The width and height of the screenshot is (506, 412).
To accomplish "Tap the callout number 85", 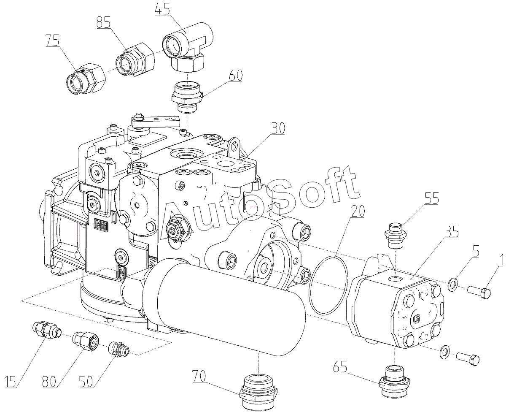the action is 104,22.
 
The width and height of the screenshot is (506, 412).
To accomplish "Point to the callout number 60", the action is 235,76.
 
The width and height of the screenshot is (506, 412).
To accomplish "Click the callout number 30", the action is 278,128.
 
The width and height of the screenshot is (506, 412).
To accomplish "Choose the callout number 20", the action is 358,211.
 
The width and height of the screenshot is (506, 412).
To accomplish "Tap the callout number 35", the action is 452,231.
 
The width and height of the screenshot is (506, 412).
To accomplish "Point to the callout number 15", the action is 10,382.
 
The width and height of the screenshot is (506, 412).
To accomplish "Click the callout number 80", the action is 49,382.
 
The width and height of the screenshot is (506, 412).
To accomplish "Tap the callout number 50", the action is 86,382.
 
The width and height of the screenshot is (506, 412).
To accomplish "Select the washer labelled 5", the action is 452,284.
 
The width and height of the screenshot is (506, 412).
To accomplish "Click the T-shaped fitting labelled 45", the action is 188,47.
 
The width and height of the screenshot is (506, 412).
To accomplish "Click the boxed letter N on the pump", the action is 121,272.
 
